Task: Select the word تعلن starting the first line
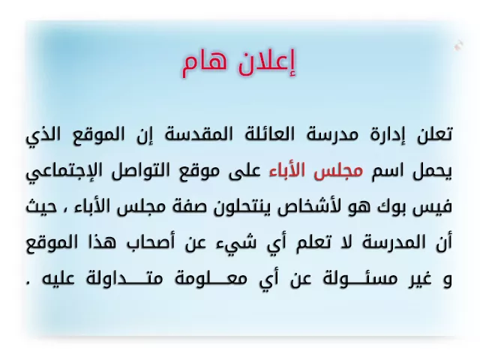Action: (434, 134)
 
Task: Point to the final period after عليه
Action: (28, 283)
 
